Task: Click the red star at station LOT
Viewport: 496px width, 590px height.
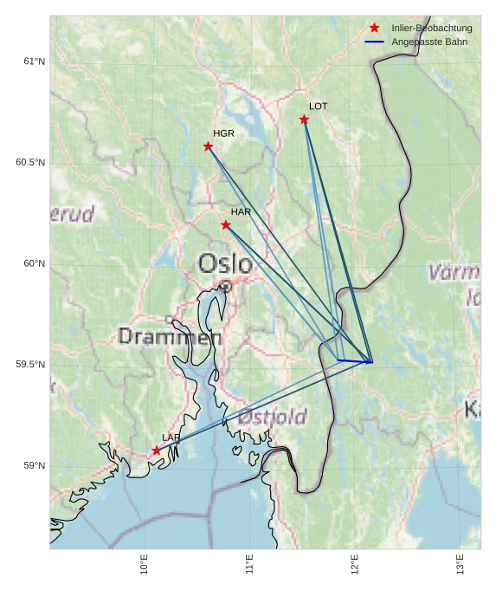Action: [304, 120]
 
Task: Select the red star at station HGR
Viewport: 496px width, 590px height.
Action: [208, 146]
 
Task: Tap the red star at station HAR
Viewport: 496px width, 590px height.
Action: [226, 225]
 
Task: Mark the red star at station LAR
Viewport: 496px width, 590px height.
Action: [157, 451]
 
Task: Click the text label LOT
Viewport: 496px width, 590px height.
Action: [319, 107]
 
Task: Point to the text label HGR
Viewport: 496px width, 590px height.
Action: [223, 134]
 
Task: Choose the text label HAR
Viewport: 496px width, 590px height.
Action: [241, 212]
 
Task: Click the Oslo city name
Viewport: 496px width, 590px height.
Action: [225, 263]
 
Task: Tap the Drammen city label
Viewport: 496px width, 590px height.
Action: [170, 337]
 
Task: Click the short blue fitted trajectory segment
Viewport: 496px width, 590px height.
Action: [354, 360]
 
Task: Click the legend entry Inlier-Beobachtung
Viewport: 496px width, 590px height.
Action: [431, 29]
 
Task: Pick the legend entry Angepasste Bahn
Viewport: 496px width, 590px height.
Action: [429, 42]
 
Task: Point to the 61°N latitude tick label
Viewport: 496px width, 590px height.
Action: [34, 62]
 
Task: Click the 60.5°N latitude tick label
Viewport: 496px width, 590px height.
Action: [30, 163]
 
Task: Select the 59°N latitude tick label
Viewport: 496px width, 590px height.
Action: [34, 466]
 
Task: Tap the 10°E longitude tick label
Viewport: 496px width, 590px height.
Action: [145, 565]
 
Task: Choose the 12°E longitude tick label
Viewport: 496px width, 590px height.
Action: [354, 565]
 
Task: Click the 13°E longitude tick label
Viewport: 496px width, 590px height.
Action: [459, 565]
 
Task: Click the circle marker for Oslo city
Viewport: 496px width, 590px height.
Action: [226, 285]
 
